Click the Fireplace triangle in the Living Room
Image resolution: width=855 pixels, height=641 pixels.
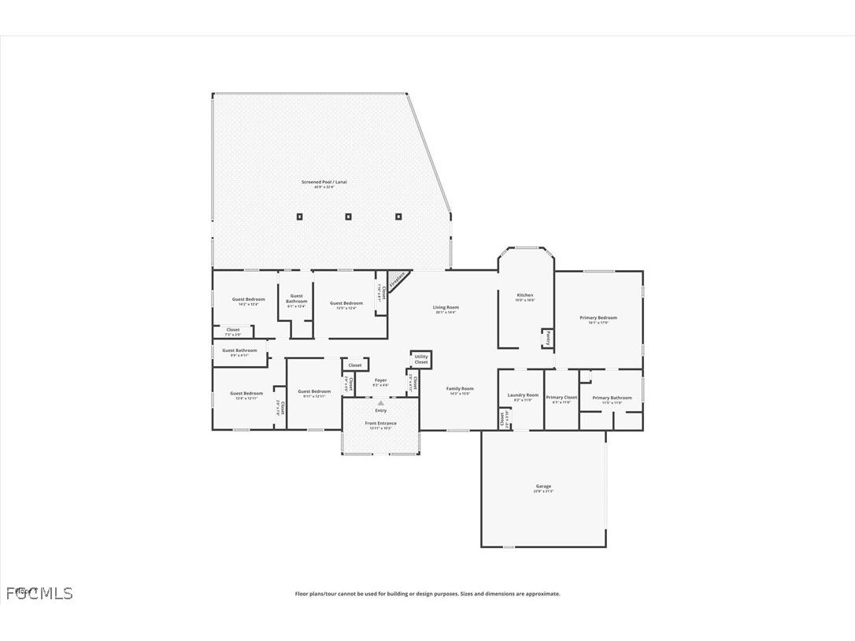click(x=396, y=280)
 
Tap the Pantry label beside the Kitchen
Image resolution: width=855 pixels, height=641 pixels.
click(x=546, y=339)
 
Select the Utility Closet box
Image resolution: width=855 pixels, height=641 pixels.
click(x=421, y=359)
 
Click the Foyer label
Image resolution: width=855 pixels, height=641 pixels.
click(x=380, y=380)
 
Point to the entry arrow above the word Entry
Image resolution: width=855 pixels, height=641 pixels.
click(x=381, y=402)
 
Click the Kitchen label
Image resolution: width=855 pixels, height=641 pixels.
click(x=524, y=295)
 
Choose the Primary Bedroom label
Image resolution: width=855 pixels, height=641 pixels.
click(x=598, y=318)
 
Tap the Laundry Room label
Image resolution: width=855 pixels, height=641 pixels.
click(x=523, y=395)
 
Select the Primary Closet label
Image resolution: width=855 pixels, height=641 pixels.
click(x=561, y=398)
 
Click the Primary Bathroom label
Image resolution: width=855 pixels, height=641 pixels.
click(x=612, y=398)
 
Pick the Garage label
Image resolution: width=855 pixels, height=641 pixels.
click(x=544, y=487)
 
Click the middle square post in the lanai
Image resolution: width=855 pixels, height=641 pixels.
click(x=349, y=217)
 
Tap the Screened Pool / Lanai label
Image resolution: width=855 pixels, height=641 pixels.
click(x=324, y=183)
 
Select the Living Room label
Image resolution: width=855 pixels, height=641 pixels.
click(x=446, y=308)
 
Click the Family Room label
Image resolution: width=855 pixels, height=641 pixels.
click(x=461, y=389)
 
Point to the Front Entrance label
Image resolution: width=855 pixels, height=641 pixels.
click(x=380, y=424)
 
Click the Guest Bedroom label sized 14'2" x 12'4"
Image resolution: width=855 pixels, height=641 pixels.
click(x=248, y=299)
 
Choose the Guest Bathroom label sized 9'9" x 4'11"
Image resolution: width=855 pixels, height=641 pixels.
click(x=239, y=350)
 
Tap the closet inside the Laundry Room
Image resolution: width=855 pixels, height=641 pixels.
click(x=502, y=418)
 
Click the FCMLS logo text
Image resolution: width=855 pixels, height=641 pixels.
click(x=39, y=593)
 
